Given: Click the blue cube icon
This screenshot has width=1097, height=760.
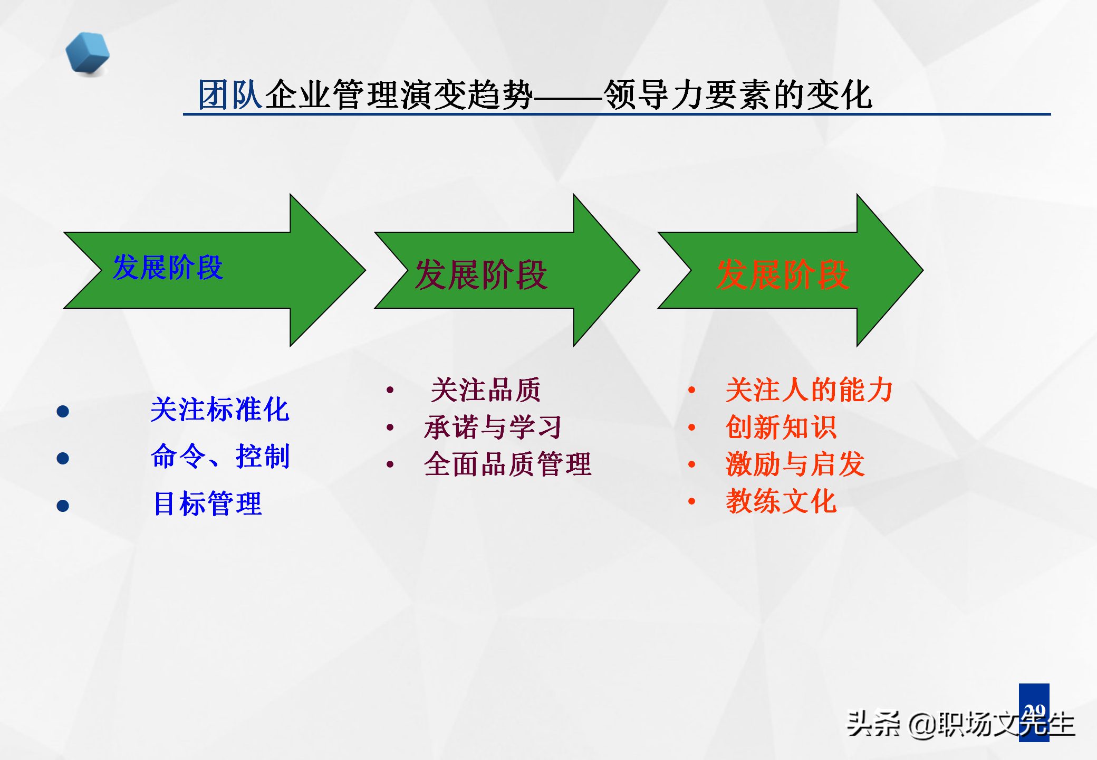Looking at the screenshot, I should click(88, 53).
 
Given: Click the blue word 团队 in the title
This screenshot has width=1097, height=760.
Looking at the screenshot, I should click(230, 95).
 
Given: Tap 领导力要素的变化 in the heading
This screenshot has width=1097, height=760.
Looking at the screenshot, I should click(737, 95).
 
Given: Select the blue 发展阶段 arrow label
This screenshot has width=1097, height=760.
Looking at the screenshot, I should click(168, 267).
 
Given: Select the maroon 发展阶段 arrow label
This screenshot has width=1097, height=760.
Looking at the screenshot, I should click(481, 274).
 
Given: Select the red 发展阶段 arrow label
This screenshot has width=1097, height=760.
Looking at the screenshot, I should click(783, 274).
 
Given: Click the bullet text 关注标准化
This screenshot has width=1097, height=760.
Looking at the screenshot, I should click(219, 410).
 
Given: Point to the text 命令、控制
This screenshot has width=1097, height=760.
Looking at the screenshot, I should click(220, 457).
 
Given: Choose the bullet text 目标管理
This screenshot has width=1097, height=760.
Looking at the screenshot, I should click(208, 503).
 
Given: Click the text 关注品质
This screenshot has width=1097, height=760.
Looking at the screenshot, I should click(486, 390).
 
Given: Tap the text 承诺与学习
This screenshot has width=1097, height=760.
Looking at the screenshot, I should click(493, 427).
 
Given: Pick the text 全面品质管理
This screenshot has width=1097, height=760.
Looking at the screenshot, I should click(507, 464).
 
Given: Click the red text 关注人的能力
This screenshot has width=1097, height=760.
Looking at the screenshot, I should click(809, 390).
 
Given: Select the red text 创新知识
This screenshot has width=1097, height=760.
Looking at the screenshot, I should click(781, 427).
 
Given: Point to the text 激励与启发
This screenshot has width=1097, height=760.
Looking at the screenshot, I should click(795, 464).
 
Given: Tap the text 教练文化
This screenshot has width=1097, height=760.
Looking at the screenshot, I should click(781, 501).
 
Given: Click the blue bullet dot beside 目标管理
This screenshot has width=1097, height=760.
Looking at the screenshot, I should click(63, 506).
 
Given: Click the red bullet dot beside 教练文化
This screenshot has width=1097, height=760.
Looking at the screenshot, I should click(691, 501).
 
